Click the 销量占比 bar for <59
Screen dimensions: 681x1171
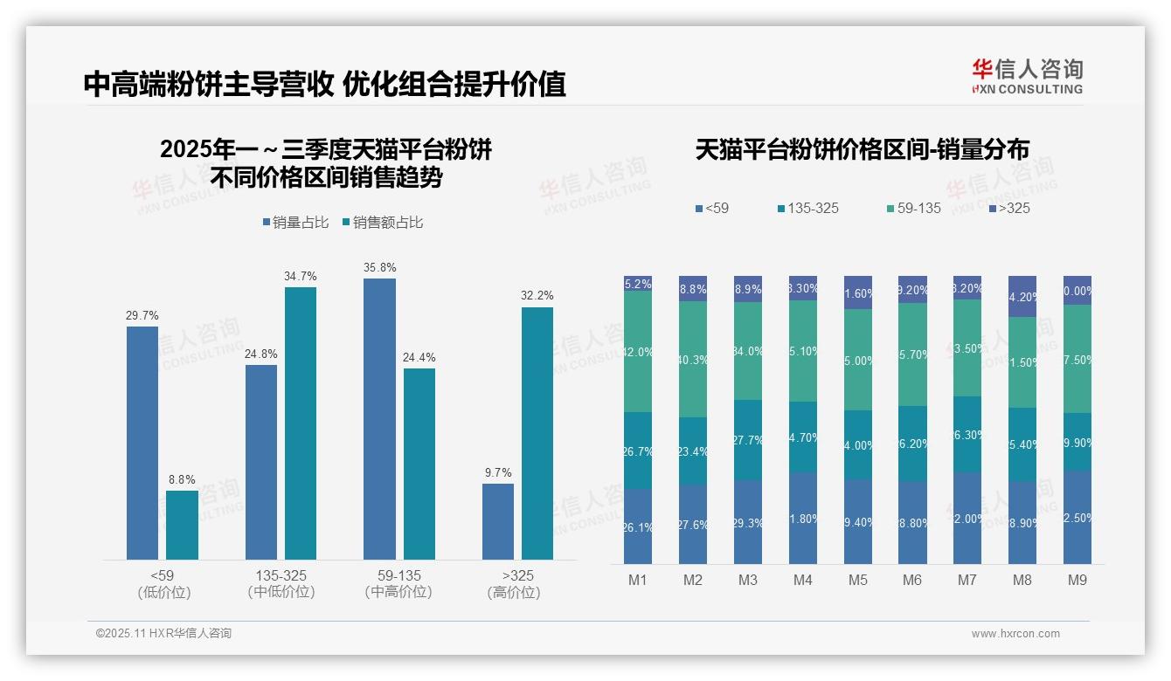click(142, 443)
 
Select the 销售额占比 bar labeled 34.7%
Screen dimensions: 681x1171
click(300, 423)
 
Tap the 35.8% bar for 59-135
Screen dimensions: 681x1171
click(379, 418)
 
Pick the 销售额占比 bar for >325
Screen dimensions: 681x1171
click(537, 433)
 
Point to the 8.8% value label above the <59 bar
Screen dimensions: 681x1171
click(182, 479)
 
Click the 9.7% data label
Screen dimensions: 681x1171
click(498, 472)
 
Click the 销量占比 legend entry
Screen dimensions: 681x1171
click(295, 223)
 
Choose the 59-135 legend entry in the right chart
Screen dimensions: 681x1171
click(913, 208)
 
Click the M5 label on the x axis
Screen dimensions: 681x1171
click(857, 580)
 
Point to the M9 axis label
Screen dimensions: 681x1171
click(1077, 580)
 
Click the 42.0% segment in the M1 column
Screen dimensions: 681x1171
click(638, 352)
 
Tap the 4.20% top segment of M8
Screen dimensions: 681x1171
click(1022, 297)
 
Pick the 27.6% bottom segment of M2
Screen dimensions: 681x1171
click(693, 524)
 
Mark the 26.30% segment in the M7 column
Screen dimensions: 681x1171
click(967, 434)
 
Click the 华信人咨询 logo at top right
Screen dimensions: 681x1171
click(1027, 76)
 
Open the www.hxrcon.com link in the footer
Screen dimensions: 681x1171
click(1015, 634)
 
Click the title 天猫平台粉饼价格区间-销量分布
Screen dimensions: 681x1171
click(862, 149)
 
